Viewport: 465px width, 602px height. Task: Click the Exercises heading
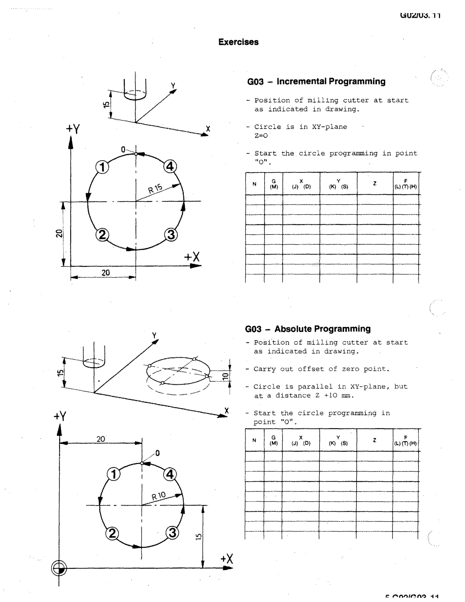[x=238, y=42]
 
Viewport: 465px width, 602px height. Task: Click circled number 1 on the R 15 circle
[x=102, y=167]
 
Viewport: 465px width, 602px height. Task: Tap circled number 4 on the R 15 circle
[x=170, y=167]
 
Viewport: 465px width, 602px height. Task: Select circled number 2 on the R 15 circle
[x=102, y=235]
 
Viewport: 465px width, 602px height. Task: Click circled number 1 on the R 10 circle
[x=114, y=474]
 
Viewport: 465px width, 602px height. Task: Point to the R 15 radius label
[x=155, y=188]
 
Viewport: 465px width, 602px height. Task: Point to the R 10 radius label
[x=159, y=496]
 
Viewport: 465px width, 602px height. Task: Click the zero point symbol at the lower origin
[x=59, y=568]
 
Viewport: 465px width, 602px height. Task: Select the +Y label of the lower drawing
[x=60, y=416]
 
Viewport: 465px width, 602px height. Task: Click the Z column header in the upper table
[x=375, y=183]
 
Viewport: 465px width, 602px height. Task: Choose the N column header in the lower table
[x=254, y=440]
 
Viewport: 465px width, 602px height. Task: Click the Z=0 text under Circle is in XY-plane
[x=261, y=136]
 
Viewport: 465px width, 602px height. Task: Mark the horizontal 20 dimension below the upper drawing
[x=106, y=273]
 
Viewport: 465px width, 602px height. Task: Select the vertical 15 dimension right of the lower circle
[x=199, y=536]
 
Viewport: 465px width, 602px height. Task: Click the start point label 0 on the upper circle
[x=123, y=150]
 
